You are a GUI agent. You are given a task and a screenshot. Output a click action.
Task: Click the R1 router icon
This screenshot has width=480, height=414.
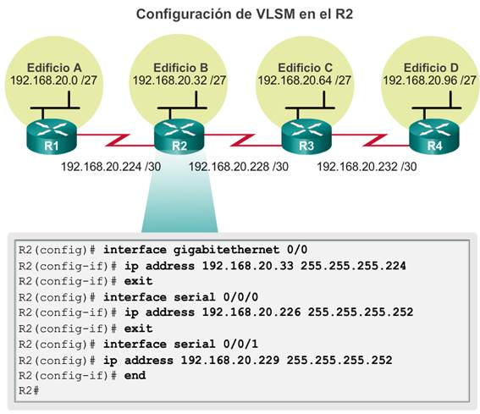coord(52,136)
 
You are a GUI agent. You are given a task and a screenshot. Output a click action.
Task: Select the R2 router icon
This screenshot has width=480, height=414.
coord(179,136)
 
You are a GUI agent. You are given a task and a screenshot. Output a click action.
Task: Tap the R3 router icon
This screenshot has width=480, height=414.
coord(306,136)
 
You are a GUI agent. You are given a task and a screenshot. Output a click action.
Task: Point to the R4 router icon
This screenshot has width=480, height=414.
coord(434,136)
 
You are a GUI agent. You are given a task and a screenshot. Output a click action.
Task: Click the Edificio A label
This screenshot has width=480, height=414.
coord(54,68)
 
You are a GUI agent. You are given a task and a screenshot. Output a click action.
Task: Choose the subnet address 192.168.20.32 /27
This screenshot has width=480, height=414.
coord(179,80)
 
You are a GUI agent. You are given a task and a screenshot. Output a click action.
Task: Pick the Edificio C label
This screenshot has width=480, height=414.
coord(306,68)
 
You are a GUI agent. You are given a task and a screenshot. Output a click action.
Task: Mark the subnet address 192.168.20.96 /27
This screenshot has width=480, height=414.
coord(429,80)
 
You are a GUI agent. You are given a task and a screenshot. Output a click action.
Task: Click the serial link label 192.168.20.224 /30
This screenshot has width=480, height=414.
coord(111,167)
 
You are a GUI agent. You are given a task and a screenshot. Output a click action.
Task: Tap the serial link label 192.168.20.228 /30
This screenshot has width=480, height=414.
coord(239,167)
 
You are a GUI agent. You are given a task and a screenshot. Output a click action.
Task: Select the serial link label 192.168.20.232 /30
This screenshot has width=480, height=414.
coord(367,167)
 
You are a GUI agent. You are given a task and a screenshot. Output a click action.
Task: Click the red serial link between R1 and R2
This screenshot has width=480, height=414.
coord(116,140)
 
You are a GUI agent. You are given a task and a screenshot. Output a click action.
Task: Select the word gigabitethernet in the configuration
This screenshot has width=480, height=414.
coord(227,250)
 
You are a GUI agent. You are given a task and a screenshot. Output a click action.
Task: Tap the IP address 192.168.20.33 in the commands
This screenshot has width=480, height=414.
coord(248,266)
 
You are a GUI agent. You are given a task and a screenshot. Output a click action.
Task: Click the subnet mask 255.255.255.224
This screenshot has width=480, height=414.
coord(353,266)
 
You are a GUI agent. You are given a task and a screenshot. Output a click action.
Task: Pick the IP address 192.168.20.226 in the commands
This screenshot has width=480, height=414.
coord(251,312)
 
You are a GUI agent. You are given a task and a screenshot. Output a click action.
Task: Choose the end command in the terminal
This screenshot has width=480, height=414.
coord(135,375)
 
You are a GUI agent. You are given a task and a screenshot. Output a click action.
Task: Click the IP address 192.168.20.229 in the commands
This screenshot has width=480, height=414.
coord(230,360)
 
